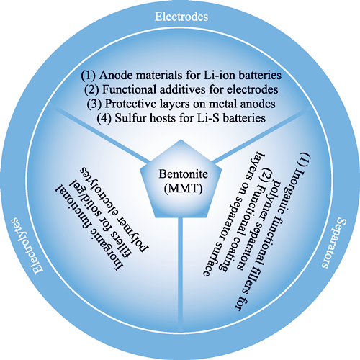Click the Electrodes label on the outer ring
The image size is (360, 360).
click(x=181, y=17)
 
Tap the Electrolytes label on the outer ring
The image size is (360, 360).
click(x=26, y=246)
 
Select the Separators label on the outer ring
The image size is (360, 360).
click(x=333, y=243)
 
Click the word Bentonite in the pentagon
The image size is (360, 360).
click(x=183, y=174)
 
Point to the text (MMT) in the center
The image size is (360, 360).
click(x=183, y=189)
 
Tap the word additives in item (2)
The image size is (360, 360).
click(x=182, y=89)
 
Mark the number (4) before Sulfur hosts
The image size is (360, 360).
click(x=104, y=118)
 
